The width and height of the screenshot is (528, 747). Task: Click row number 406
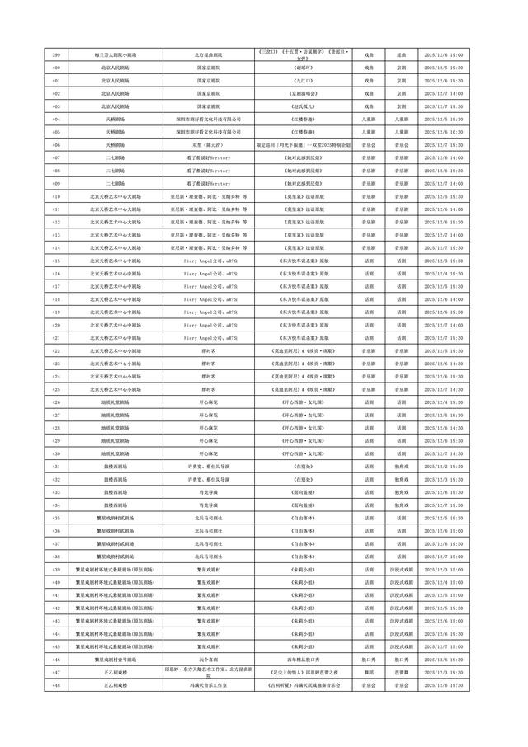(56, 144)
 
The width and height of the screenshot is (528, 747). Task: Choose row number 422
(56, 350)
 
